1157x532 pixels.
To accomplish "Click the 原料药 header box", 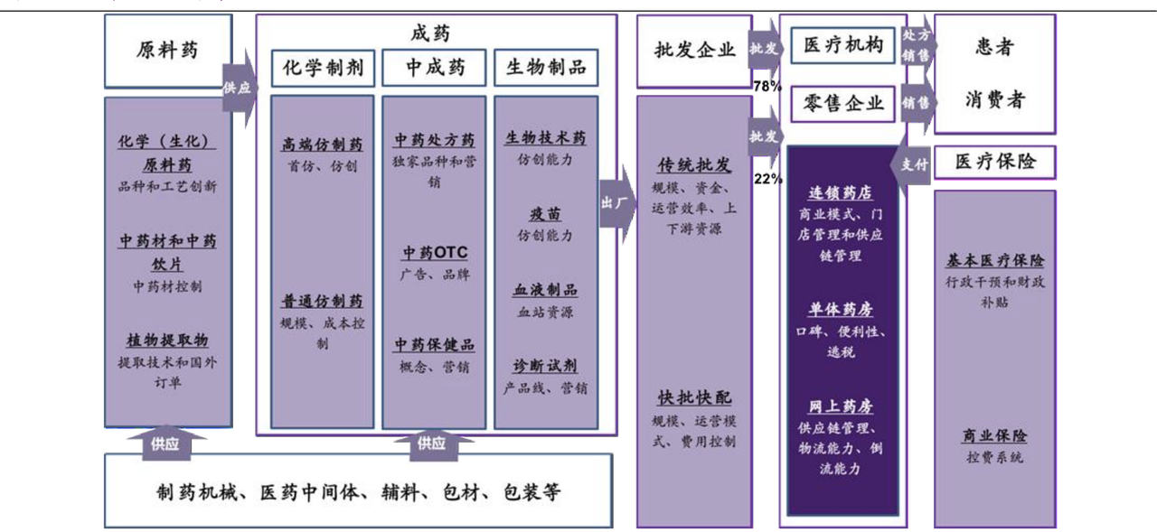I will click(x=167, y=51).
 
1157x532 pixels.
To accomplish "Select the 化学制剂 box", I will click(x=323, y=68).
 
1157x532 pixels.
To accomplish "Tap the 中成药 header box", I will click(x=435, y=68).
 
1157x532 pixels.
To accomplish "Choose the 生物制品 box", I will click(x=546, y=68).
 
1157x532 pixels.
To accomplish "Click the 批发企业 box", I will click(x=694, y=51).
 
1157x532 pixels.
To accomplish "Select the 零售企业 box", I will click(x=842, y=104).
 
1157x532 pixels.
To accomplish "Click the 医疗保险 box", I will click(x=995, y=163).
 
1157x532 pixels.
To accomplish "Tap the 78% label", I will click(x=767, y=87).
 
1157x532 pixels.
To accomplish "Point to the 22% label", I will click(x=767, y=179).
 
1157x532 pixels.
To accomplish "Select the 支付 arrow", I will click(x=915, y=164).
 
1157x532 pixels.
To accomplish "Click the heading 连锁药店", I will click(x=841, y=193).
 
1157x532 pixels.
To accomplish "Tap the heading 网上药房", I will click(x=841, y=406).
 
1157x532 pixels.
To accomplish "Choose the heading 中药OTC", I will click(x=435, y=253).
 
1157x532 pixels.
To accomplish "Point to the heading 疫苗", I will click(x=545, y=214).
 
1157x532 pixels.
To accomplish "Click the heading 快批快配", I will click(x=694, y=398).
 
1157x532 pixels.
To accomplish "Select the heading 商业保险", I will click(x=994, y=436).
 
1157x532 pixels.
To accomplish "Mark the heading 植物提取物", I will click(x=167, y=341).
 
